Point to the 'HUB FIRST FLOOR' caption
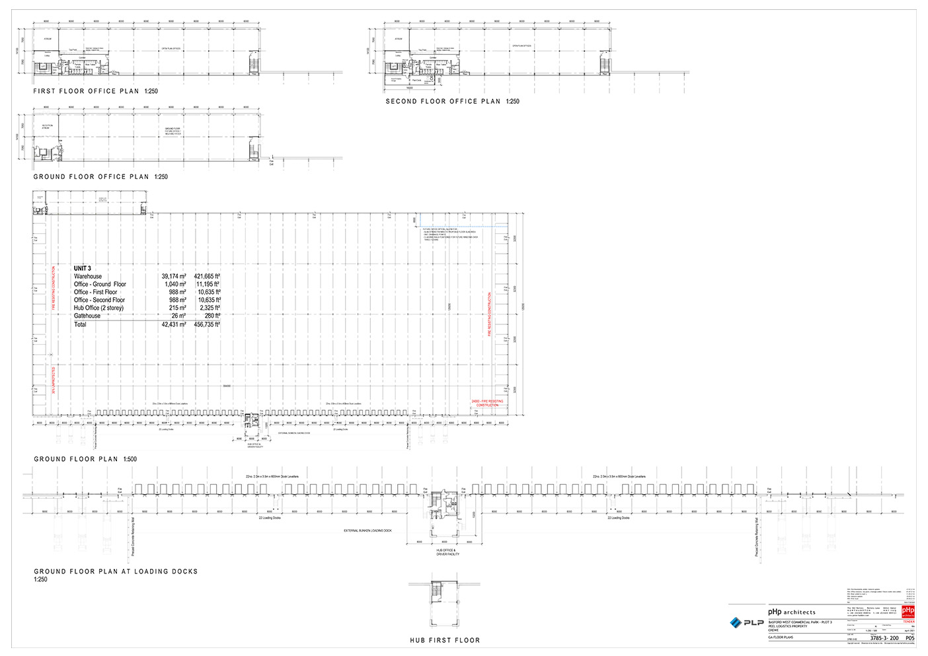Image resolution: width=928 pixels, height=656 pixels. point(445,640)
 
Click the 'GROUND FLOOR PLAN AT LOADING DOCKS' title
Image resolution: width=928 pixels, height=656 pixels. point(116,571)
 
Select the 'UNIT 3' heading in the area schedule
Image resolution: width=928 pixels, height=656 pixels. point(83,268)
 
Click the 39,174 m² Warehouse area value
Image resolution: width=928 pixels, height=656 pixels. point(174,277)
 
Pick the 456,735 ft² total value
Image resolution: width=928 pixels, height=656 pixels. point(207,325)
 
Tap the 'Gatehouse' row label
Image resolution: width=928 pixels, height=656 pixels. point(87,316)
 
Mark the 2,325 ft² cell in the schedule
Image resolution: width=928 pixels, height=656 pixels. point(210,308)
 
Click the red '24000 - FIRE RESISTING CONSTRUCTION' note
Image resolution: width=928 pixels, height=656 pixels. point(487,403)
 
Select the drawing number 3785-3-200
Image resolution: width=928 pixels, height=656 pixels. point(884,638)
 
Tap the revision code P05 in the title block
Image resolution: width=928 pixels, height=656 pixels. point(909,638)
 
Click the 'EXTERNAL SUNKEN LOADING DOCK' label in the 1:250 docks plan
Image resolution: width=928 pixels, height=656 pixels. point(367,531)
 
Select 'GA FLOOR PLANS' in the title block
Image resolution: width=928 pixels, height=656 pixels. point(781,638)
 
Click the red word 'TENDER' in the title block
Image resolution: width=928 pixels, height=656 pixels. point(909,622)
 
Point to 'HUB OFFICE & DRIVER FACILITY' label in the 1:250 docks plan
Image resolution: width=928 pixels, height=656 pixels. point(447,552)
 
